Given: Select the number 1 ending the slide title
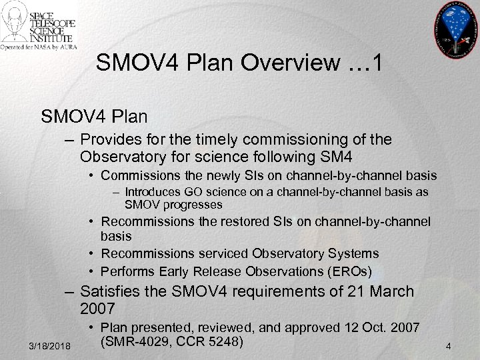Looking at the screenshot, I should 377,64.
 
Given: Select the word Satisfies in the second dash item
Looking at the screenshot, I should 108,291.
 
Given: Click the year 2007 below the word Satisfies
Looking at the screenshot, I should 97,309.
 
